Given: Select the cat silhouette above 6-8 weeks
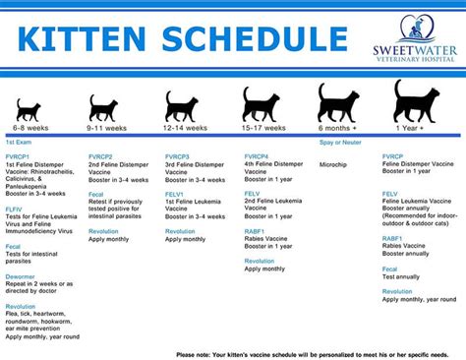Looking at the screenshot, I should tap(29, 109).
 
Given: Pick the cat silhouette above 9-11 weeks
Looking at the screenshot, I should tap(103, 107).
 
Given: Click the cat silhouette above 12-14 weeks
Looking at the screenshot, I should tap(181, 105).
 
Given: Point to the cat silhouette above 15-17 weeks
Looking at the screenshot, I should tap(260, 103).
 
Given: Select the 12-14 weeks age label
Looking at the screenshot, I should tap(186, 129).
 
